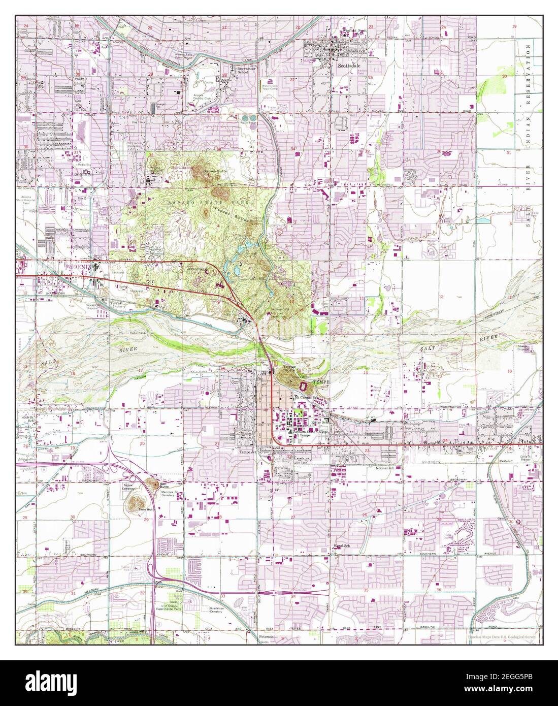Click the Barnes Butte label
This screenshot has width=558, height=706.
[x=215, y=172]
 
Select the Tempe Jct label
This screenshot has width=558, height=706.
[x=249, y=451]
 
